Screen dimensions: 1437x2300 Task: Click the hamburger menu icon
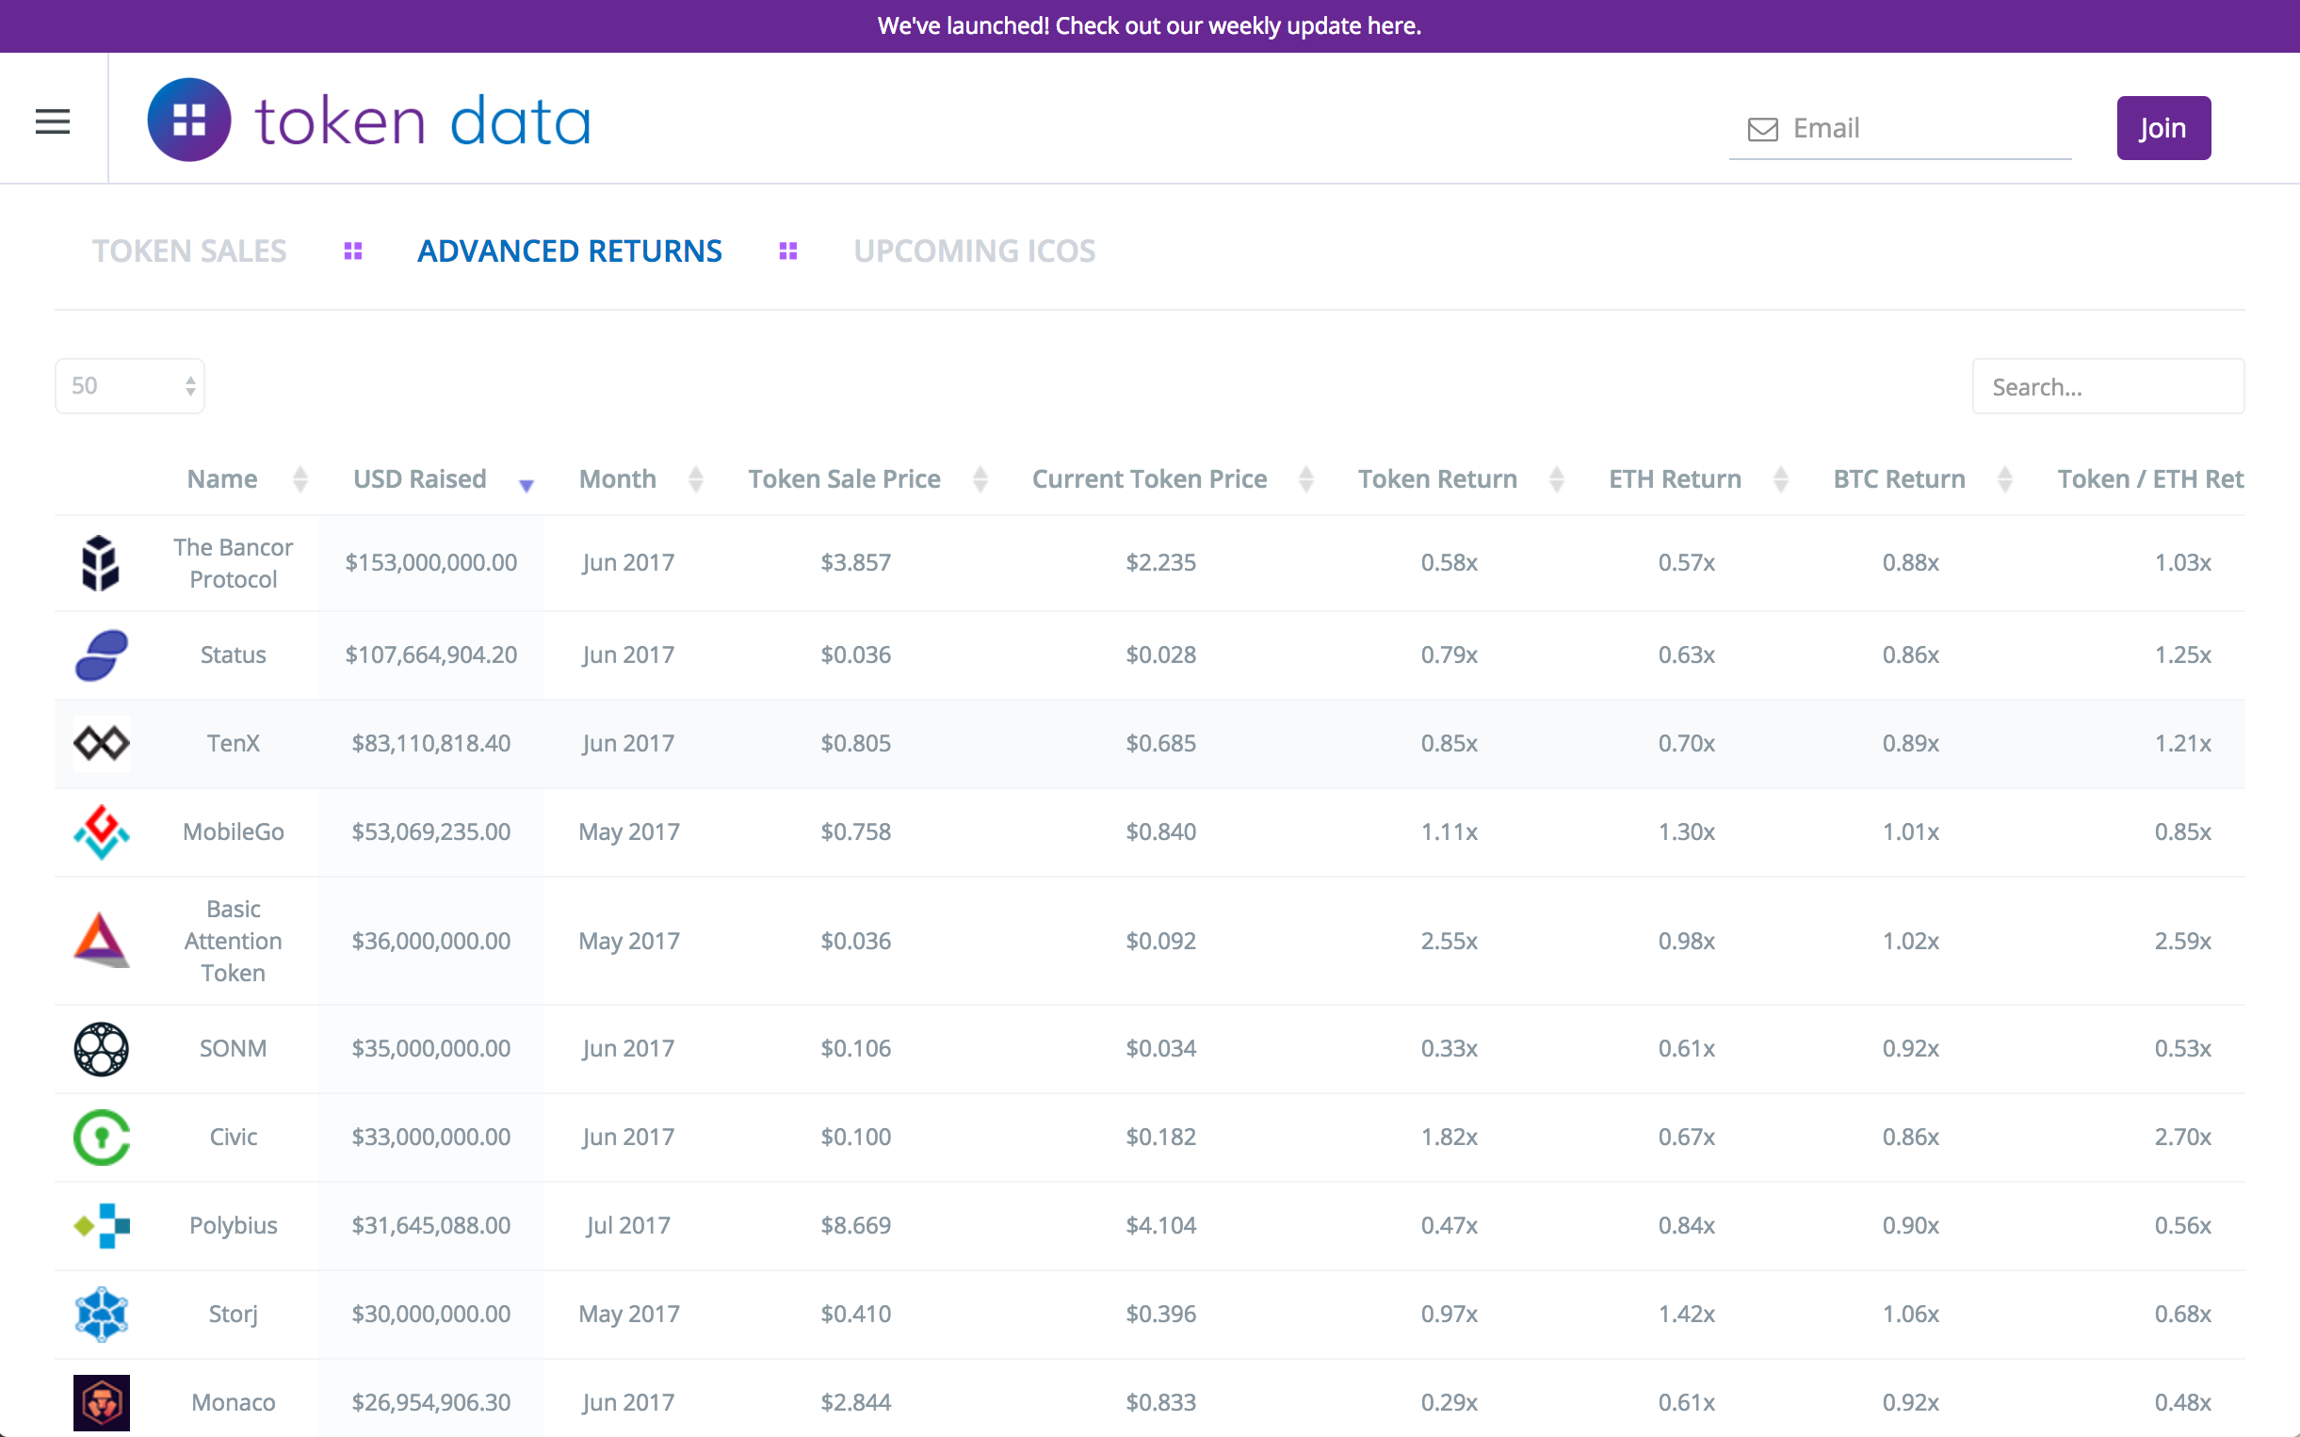[x=53, y=121]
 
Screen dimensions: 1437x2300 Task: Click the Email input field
[x=1919, y=128]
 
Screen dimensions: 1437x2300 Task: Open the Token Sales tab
[x=189, y=250]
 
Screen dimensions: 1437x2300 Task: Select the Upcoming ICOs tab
[x=974, y=250]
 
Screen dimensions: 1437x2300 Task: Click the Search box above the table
[x=2107, y=387]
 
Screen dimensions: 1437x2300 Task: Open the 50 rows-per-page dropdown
[x=130, y=386]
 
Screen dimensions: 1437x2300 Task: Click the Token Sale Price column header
[x=844, y=479]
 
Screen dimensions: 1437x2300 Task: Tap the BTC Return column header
[x=1899, y=479]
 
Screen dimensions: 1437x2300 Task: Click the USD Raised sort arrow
[x=526, y=485]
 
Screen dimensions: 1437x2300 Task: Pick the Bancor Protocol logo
[x=100, y=562]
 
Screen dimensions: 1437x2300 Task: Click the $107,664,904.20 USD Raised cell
[x=430, y=654]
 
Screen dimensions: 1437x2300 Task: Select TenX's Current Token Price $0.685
[x=1160, y=743]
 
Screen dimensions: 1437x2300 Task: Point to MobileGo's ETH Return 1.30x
[x=1686, y=832]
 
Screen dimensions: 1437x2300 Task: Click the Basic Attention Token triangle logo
[x=101, y=940]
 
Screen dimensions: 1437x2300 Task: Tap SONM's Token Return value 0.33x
[x=1449, y=1048]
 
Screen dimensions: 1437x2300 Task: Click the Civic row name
[x=233, y=1137]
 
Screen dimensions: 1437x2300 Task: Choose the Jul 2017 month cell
[x=628, y=1225]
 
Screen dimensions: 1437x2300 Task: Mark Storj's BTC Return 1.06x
[x=1910, y=1314]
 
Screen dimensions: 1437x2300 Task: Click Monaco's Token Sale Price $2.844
[x=855, y=1402]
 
